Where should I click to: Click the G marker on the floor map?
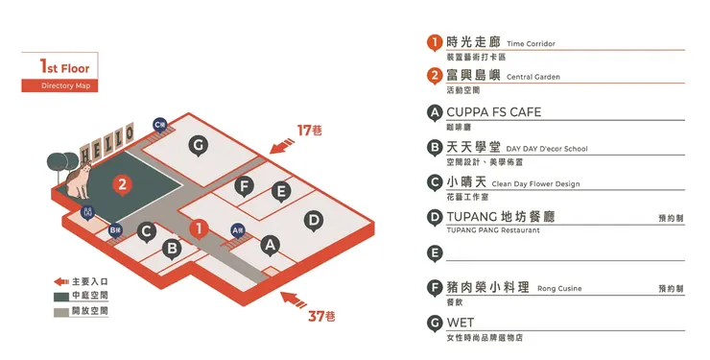click(198, 146)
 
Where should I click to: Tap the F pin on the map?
click(244, 185)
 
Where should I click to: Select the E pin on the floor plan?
click(280, 191)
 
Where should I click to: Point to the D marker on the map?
click(313, 220)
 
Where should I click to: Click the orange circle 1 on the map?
click(198, 228)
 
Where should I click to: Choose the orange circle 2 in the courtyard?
click(122, 184)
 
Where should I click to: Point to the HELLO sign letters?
click(106, 144)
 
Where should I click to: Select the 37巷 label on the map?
click(320, 316)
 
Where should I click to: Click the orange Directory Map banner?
click(59, 86)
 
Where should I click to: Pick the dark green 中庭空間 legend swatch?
click(60, 297)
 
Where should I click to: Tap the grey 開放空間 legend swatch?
click(60, 311)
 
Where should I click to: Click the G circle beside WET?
click(435, 324)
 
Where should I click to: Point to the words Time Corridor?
click(531, 44)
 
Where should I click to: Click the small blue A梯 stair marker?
click(238, 230)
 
